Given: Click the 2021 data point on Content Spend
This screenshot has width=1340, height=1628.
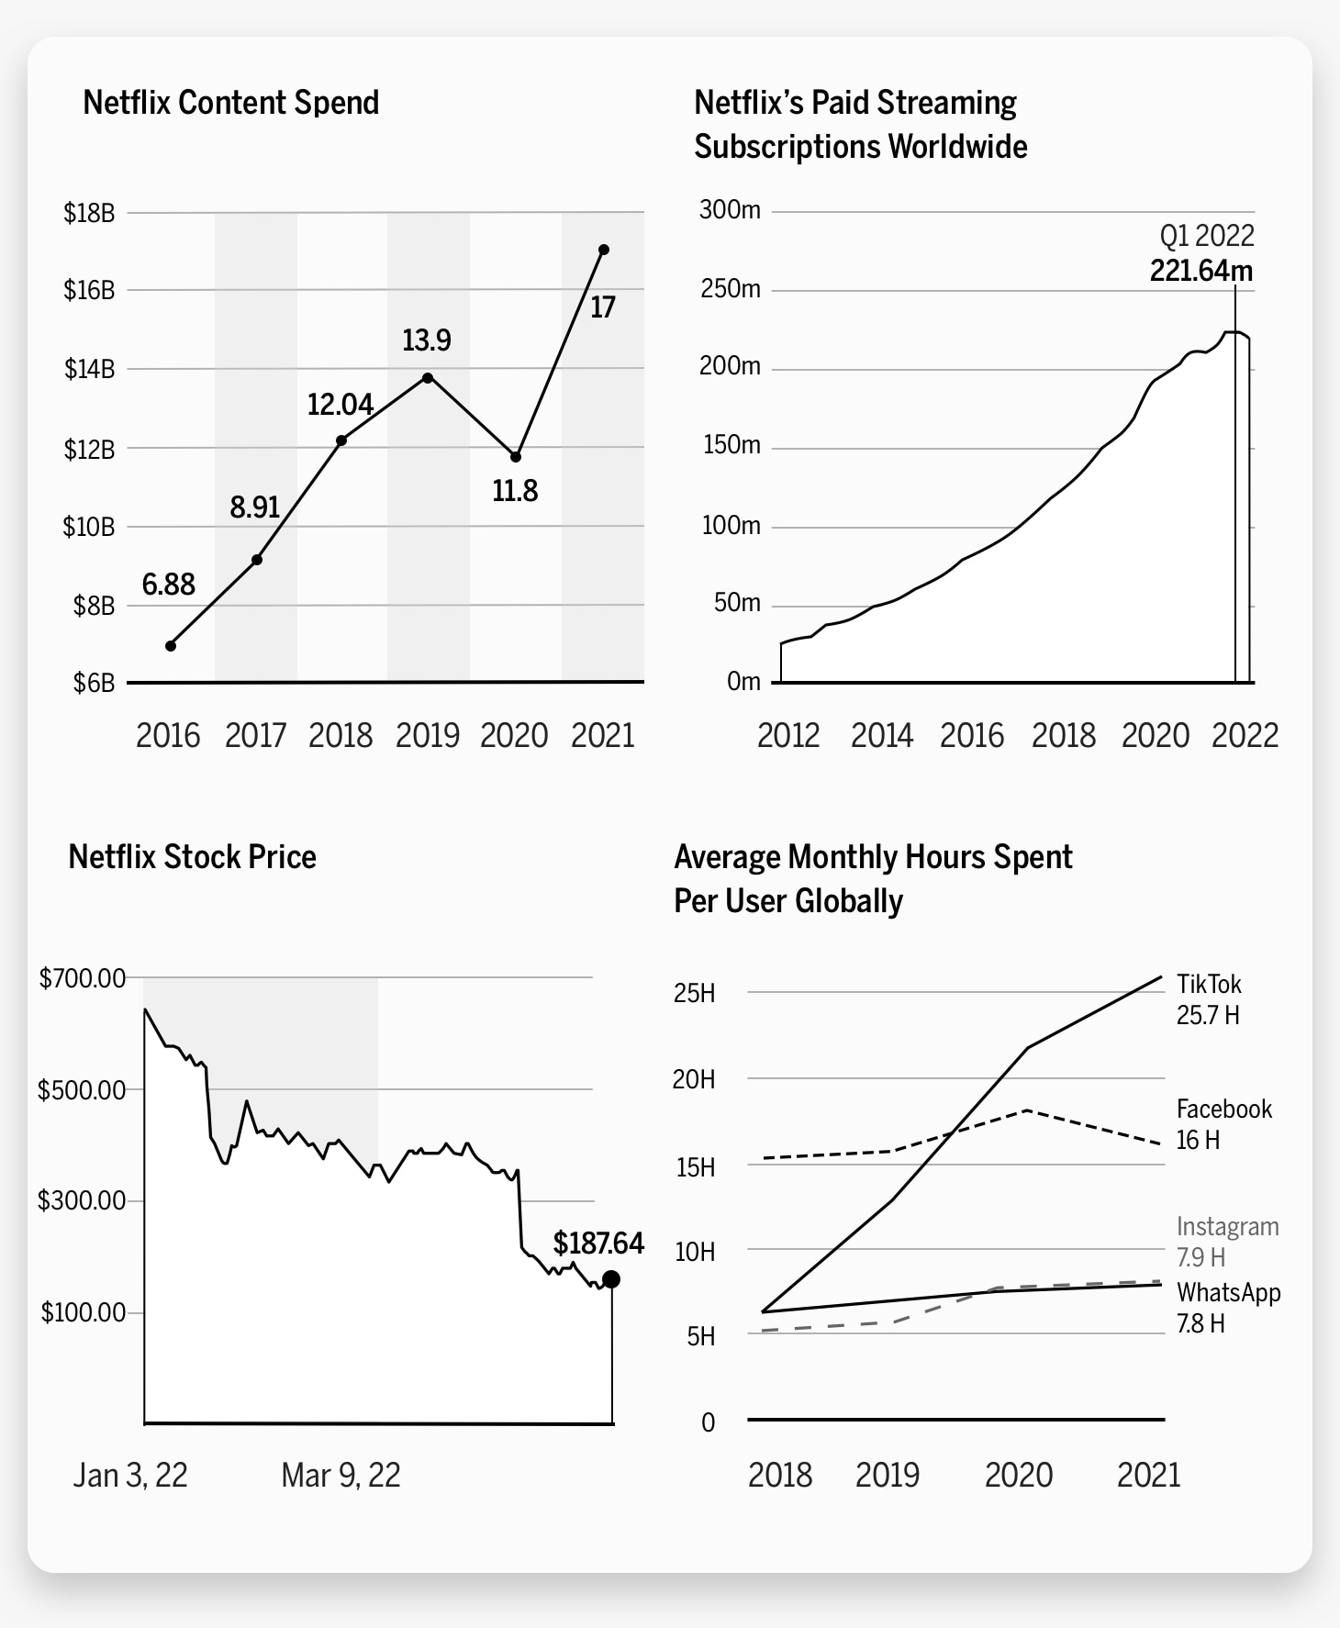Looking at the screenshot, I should click(604, 250).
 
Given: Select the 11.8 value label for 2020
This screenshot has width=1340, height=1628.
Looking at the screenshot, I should click(515, 491).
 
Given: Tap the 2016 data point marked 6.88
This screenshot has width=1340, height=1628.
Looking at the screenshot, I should click(171, 646).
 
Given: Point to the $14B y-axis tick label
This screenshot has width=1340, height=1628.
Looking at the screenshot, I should click(89, 369).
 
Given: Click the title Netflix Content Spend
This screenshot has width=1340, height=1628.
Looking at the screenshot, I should click(231, 102).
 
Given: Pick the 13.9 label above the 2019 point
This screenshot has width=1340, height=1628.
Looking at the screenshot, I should click(427, 340).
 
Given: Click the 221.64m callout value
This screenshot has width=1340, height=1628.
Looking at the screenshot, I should click(1200, 271).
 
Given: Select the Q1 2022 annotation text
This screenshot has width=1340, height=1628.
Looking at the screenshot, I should click(1206, 236).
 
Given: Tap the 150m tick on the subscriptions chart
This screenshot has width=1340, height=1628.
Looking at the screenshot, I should click(731, 445).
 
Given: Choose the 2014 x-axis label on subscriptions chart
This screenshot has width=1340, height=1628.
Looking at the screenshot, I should click(881, 735).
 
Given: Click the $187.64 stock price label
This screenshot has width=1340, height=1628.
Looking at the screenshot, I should click(598, 1243).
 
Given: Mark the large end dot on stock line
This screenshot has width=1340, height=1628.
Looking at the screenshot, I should click(611, 1279).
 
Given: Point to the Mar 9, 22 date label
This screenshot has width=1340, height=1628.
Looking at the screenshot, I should click(341, 1475).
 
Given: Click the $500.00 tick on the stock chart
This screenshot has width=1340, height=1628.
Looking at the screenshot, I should click(82, 1090).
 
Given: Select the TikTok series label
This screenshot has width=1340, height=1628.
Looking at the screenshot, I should click(1209, 985).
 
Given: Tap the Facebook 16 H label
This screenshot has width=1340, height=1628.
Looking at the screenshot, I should click(1223, 1124).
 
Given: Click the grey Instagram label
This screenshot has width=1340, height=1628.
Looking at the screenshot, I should click(1227, 1227).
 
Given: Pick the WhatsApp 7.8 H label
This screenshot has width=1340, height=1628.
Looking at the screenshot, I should click(1228, 1307).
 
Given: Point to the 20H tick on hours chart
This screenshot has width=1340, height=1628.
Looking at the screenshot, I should click(694, 1079).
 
